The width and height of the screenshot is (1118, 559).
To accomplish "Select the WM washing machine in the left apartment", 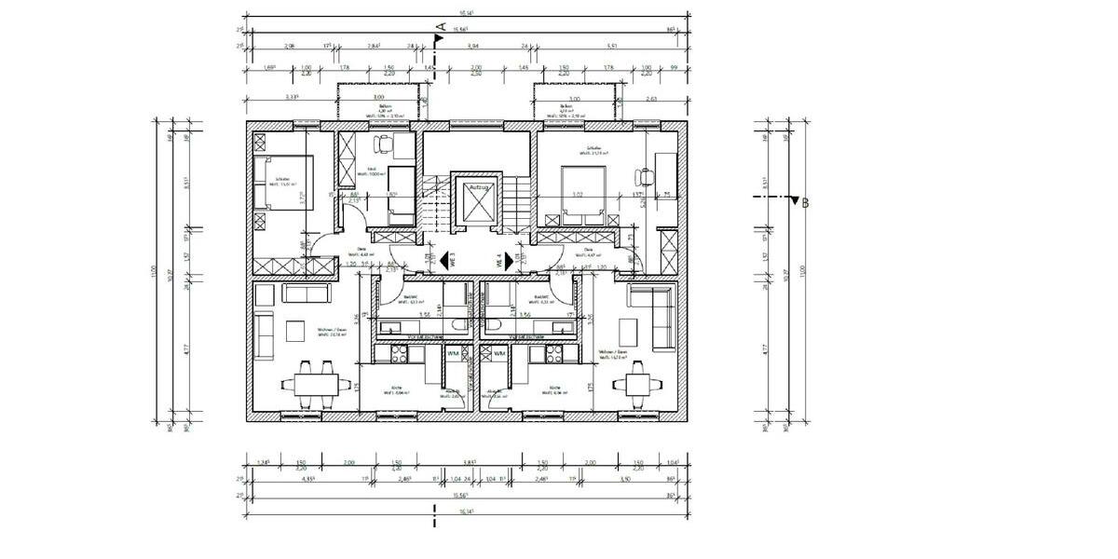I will [453, 354].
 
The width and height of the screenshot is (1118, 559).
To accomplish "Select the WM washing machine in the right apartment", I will [499, 354].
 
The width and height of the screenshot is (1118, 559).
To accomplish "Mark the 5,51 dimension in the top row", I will [612, 45].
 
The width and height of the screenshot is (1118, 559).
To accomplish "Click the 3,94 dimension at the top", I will [473, 45].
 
